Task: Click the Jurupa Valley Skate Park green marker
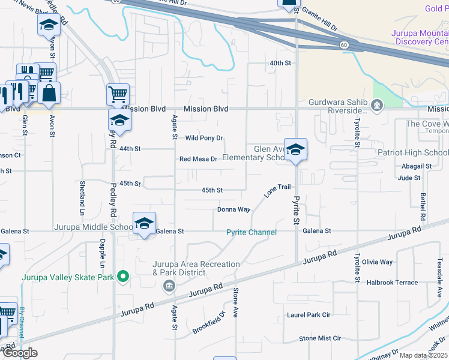124,277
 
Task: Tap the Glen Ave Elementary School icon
295,151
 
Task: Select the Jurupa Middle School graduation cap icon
144,224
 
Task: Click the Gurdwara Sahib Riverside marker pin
376,106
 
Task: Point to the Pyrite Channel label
252,232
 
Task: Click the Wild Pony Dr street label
203,138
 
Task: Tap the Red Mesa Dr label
198,159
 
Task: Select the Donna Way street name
234,209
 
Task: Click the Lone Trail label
277,191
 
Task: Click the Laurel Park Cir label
309,314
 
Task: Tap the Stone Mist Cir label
320,338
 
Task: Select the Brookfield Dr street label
209,322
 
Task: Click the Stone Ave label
236,302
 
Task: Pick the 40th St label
280,63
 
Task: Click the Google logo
20,353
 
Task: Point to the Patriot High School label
412,152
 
